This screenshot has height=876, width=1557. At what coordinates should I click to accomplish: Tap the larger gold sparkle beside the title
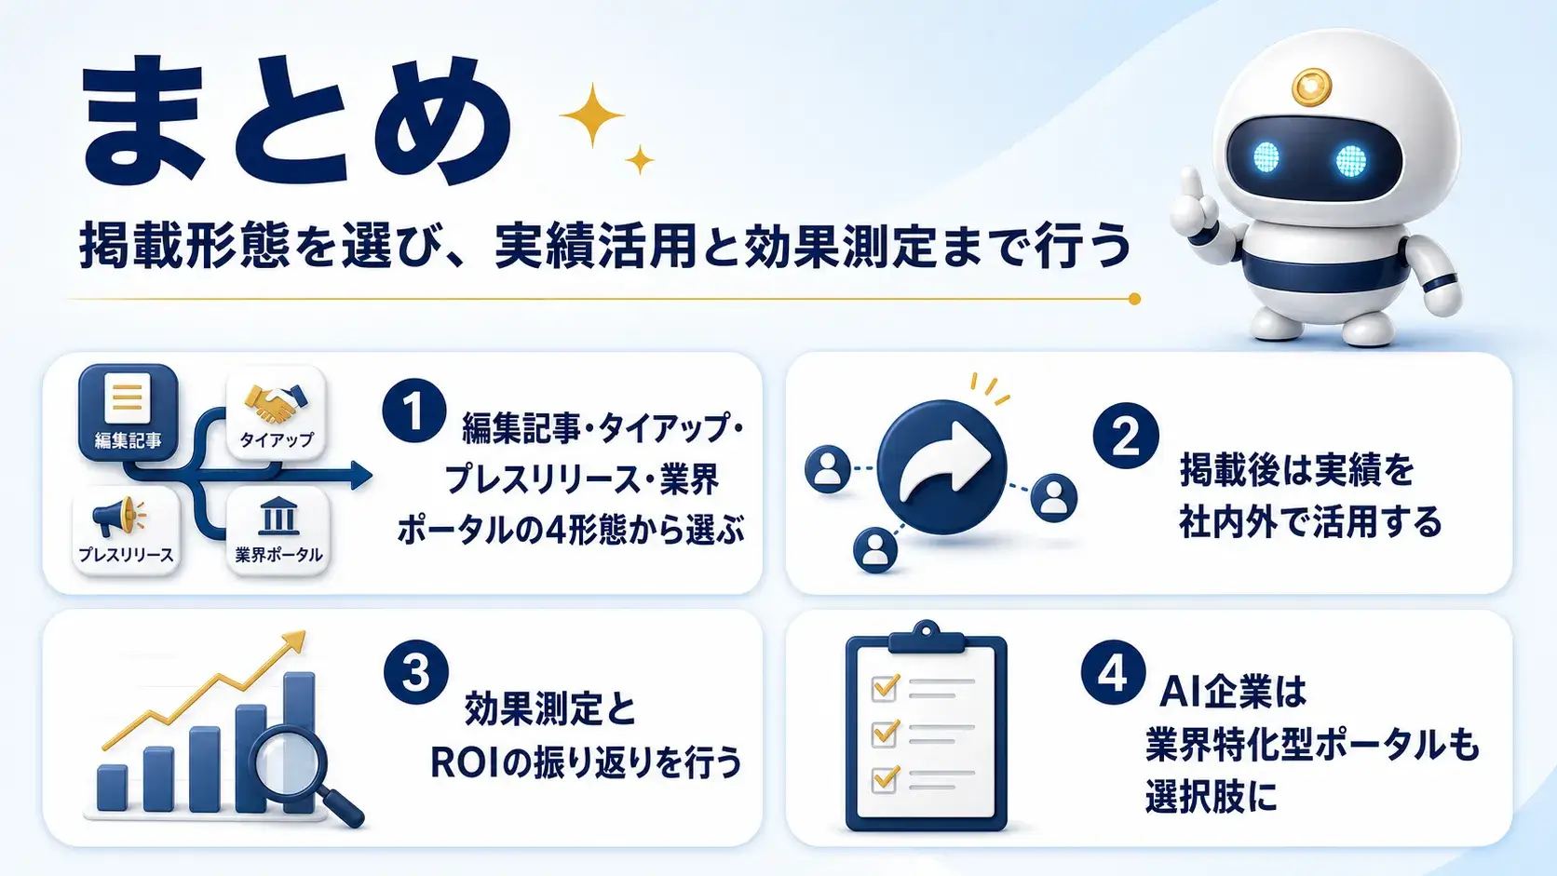[592, 115]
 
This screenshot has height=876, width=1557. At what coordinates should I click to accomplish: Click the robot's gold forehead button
[1311, 88]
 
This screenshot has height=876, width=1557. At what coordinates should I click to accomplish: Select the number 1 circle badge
[414, 411]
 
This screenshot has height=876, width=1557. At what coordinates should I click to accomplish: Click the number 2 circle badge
[1126, 436]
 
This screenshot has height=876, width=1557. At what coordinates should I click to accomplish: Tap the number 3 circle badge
[415, 672]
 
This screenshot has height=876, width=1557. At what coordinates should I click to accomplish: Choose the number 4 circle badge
[1114, 672]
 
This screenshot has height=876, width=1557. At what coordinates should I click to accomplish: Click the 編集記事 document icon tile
[128, 412]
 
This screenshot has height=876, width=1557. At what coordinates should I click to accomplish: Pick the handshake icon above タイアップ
[276, 404]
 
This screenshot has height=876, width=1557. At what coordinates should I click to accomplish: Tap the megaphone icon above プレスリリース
[118, 516]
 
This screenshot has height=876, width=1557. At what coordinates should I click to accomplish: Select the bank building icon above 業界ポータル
[278, 516]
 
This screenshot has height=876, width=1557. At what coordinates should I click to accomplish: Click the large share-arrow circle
[941, 466]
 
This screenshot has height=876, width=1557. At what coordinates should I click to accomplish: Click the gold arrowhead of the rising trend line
[294, 640]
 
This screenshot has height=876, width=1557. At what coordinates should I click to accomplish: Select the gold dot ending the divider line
[1134, 299]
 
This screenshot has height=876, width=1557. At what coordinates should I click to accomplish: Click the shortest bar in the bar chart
[112, 788]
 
